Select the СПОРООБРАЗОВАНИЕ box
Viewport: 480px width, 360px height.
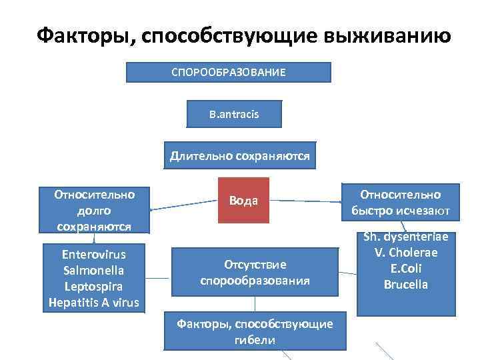(229, 72)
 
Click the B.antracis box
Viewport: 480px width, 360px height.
(234, 114)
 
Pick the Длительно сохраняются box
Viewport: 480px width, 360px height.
(240, 157)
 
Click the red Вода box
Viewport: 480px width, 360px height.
(243, 200)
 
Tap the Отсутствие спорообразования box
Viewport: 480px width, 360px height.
(255, 272)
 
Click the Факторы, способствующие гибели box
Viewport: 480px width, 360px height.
(255, 331)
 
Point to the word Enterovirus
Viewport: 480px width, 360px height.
(94, 254)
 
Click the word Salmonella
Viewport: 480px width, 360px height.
(94, 270)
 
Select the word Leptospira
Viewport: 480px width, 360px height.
(94, 286)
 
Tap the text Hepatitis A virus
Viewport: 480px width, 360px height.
(94, 302)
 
